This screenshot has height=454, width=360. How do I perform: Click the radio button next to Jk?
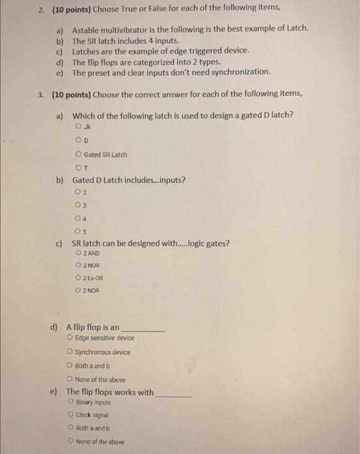[78, 126]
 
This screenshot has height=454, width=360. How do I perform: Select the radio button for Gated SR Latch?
[78, 154]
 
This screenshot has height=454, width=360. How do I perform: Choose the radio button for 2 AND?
[78, 252]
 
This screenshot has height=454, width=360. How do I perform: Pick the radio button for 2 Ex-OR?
[78, 278]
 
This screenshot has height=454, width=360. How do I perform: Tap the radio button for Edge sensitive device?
[69, 338]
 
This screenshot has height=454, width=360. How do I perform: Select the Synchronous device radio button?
[69, 352]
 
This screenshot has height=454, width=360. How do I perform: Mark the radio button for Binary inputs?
[71, 402]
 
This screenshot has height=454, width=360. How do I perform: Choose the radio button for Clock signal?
[71, 415]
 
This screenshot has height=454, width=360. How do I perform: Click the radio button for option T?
[78, 168]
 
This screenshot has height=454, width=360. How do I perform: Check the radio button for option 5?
[78, 231]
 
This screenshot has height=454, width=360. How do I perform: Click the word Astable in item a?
[85, 30]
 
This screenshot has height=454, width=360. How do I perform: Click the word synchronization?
[241, 72]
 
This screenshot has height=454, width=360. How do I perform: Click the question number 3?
[40, 93]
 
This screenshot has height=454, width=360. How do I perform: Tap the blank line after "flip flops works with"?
[174, 394]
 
